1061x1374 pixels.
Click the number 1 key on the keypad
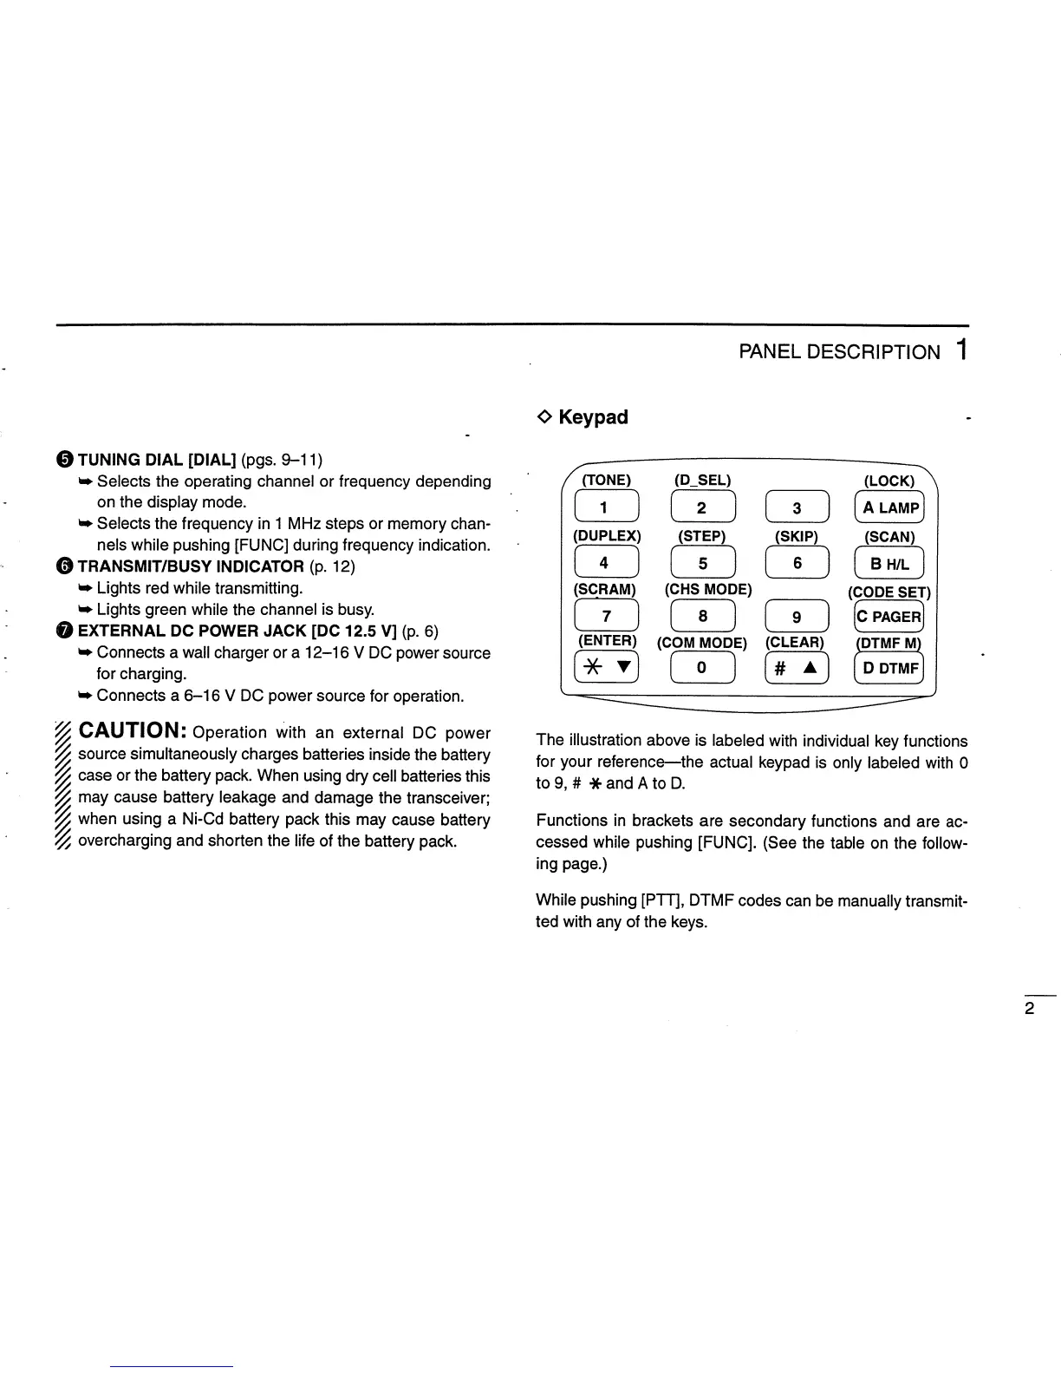click(x=606, y=508)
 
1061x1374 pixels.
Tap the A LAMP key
click(x=889, y=508)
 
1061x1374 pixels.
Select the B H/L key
click(x=889, y=564)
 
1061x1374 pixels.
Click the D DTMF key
click(x=889, y=668)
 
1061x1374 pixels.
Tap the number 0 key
click(x=702, y=668)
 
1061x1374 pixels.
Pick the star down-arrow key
click(x=607, y=668)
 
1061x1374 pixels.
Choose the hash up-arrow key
click(x=797, y=668)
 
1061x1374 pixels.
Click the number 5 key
click(x=702, y=564)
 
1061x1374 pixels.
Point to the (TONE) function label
click(x=606, y=481)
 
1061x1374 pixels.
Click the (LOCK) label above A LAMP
click(x=889, y=481)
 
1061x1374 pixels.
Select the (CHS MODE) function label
click(x=708, y=590)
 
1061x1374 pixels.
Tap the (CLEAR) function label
click(x=794, y=643)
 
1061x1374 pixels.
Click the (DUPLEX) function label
click(x=607, y=536)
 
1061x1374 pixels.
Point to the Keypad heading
click(x=593, y=417)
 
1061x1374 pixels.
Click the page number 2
click(x=1030, y=1009)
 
